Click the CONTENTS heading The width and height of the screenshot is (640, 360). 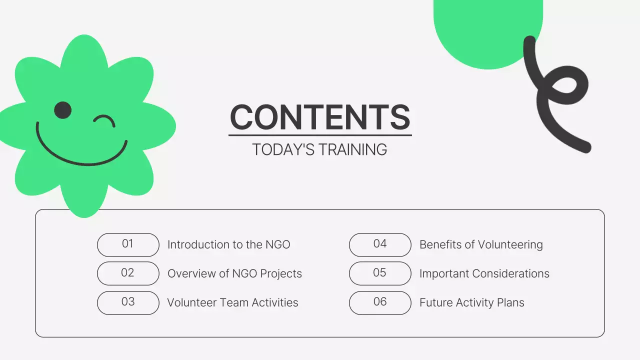tap(320, 117)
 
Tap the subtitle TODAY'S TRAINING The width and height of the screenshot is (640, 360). tap(319, 149)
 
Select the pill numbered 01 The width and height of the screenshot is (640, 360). tap(128, 244)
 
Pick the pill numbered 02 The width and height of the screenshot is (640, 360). tap(128, 273)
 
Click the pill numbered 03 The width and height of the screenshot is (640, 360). tap(128, 302)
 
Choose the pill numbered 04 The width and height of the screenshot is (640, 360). tap(380, 244)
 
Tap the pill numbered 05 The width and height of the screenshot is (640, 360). tap(380, 273)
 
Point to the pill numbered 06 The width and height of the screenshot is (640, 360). tap(380, 302)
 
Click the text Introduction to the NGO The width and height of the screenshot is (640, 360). tap(228, 244)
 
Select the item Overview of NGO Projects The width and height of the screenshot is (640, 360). tap(234, 273)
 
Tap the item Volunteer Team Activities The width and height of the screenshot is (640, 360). tap(232, 302)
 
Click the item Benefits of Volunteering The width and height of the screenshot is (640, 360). tap(481, 244)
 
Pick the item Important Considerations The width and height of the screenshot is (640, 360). tap(484, 273)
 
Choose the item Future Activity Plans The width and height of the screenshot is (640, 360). tap(471, 302)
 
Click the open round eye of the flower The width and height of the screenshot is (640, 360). tap(63, 110)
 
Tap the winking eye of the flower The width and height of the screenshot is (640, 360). tap(105, 120)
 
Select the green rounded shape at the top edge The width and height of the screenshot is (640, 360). tap(487, 30)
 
